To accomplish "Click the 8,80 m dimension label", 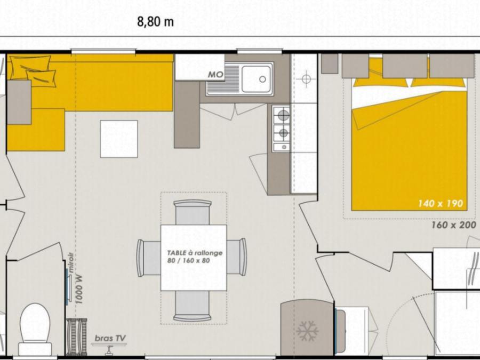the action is point(155,22).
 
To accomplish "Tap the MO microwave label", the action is point(216,75).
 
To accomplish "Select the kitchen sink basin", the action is point(257,79).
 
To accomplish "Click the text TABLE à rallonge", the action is point(195,253).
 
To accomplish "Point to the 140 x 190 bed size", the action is point(441,203).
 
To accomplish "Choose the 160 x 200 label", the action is point(454,225).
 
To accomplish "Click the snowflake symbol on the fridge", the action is point(307,331).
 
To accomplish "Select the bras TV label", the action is point(110,338).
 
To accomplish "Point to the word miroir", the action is point(71,262).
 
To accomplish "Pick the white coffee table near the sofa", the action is point(119,139).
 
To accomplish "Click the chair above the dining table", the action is point(193,212).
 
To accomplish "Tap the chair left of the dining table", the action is point(149,258).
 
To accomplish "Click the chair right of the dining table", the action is point(236,257).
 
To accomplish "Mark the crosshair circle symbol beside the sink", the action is point(306,79).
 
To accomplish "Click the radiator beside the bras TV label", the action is point(76,337).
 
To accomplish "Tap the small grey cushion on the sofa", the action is point(19,102).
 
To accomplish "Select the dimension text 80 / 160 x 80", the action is point(189,260).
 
